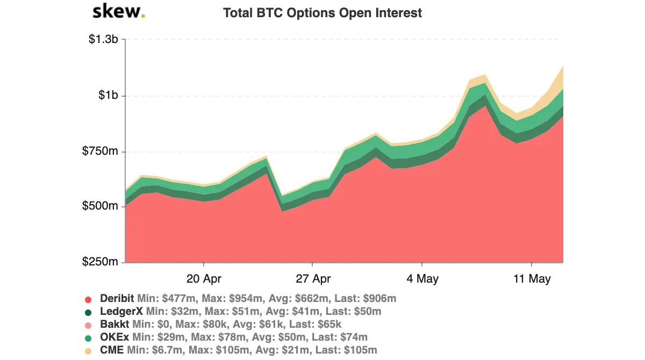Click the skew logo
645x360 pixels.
coord(118,12)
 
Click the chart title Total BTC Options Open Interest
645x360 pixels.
coord(322,13)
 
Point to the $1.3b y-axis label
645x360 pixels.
coord(104,40)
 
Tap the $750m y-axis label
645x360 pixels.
coord(101,151)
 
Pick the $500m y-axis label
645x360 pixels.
coord(101,206)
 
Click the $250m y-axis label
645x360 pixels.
coord(101,262)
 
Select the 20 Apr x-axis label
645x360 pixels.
coord(204,279)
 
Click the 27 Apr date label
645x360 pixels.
coord(313,279)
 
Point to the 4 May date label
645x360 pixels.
coord(422,279)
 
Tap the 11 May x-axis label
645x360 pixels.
coord(532,279)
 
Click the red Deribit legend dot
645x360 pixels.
coord(89,299)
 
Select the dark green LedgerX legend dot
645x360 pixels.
coord(89,312)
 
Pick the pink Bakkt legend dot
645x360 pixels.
coord(89,325)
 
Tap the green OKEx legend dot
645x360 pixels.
coord(89,338)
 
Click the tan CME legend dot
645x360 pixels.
coord(89,351)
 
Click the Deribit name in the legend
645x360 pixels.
coord(117,299)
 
